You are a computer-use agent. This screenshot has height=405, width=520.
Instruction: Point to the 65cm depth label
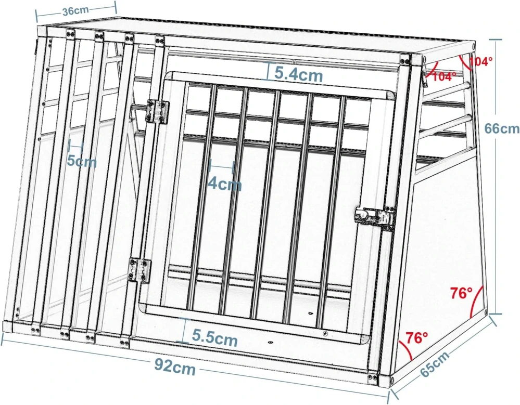[x=435, y=364]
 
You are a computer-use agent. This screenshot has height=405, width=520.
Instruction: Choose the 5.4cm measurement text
[x=299, y=75]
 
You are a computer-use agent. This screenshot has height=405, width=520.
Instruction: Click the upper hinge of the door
[x=158, y=111]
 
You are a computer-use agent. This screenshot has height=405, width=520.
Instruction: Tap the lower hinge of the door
[x=141, y=270]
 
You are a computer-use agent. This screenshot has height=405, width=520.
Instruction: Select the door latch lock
[x=375, y=217]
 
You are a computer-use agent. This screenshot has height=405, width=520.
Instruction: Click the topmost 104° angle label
[x=480, y=61]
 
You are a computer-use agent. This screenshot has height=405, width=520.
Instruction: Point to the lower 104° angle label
[x=444, y=76]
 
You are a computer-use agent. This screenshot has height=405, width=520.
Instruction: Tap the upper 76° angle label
[x=461, y=293]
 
